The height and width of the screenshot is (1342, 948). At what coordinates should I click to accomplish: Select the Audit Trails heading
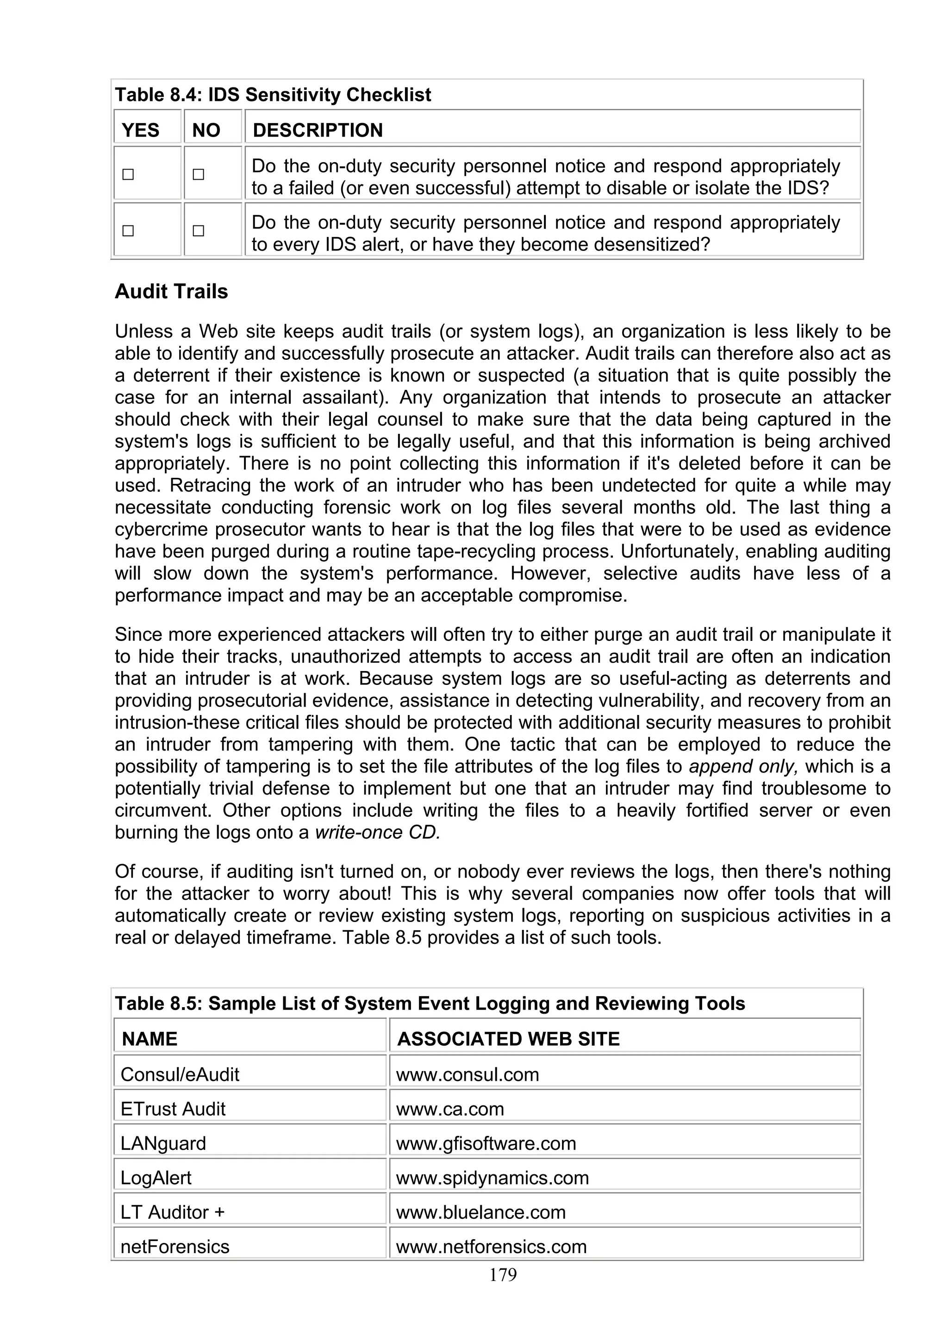tap(171, 291)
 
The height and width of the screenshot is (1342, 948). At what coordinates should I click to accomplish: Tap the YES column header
tap(140, 130)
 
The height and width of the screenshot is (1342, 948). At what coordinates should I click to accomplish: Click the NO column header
tap(206, 130)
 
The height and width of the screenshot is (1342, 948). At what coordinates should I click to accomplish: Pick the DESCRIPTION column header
tap(318, 130)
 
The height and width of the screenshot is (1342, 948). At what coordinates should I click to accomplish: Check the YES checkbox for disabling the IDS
tap(128, 174)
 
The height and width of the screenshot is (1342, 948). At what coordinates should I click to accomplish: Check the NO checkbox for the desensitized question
tap(199, 231)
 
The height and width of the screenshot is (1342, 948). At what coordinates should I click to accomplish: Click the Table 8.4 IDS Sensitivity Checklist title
tap(273, 94)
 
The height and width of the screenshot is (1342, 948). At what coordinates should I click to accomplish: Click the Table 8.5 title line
tap(430, 1003)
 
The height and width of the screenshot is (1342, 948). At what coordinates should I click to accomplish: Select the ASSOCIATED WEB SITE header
tap(508, 1039)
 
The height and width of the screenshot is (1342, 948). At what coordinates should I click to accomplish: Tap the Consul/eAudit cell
tap(180, 1074)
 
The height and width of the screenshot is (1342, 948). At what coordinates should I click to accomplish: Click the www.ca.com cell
tap(450, 1109)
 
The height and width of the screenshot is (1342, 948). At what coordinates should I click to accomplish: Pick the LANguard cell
tap(163, 1143)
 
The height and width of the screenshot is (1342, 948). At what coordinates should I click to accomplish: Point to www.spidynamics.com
tap(493, 1178)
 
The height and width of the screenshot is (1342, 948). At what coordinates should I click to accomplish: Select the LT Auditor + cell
tap(172, 1212)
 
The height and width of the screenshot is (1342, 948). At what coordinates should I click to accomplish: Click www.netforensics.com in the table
tap(491, 1247)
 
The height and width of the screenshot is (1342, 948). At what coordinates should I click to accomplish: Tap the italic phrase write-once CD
tap(377, 832)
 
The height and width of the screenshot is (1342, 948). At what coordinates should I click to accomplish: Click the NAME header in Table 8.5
tap(150, 1039)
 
